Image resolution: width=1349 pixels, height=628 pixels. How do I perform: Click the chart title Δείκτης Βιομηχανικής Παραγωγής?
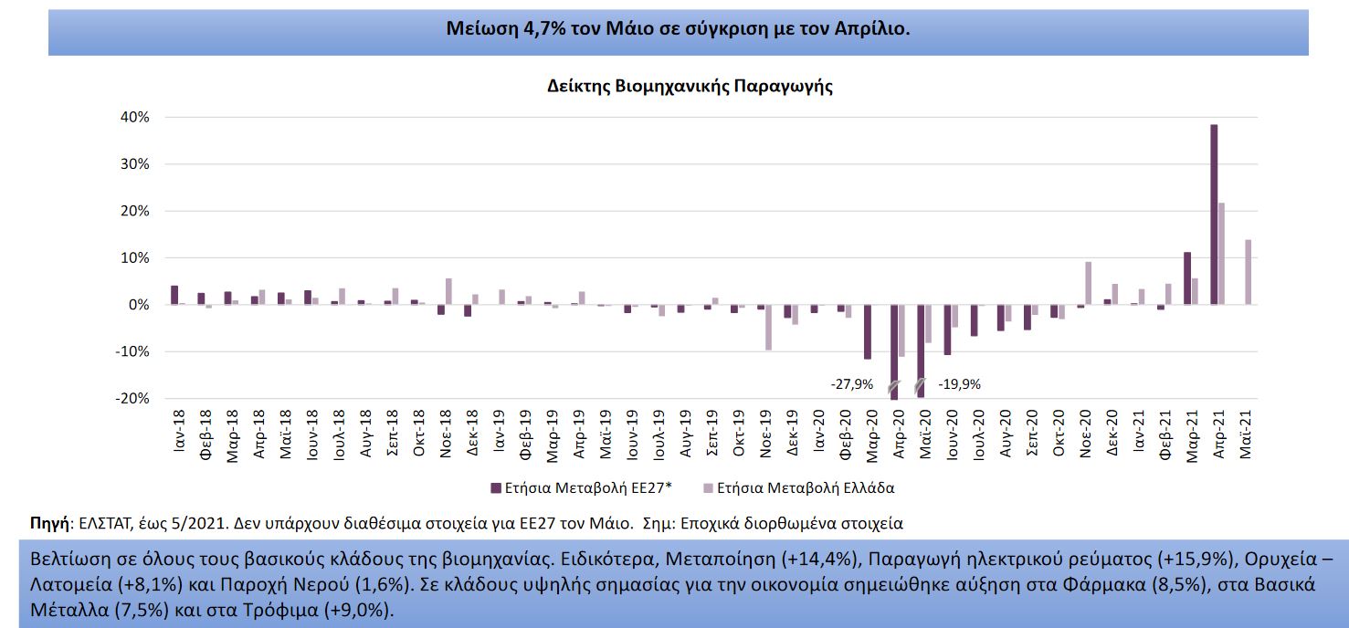pos(690,87)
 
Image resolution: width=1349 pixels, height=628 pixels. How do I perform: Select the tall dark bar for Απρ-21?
pos(1214,215)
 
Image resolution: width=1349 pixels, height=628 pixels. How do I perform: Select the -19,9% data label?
pos(959,384)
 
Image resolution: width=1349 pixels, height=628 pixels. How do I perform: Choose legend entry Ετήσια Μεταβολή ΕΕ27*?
pos(582,488)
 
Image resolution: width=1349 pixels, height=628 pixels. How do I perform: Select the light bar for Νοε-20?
pos(1089,283)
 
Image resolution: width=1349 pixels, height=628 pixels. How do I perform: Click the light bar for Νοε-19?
pos(768,327)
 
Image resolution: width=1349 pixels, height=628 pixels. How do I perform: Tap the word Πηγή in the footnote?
pos(50,524)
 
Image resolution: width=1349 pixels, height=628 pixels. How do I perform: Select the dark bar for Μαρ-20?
pos(868,332)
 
